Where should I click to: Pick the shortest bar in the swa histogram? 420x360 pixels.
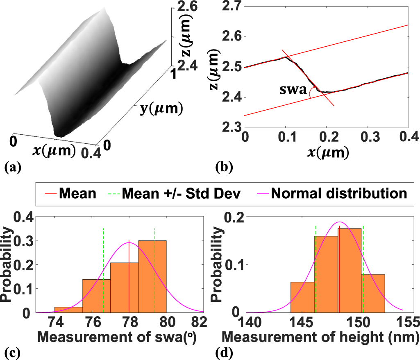click(68, 310)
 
